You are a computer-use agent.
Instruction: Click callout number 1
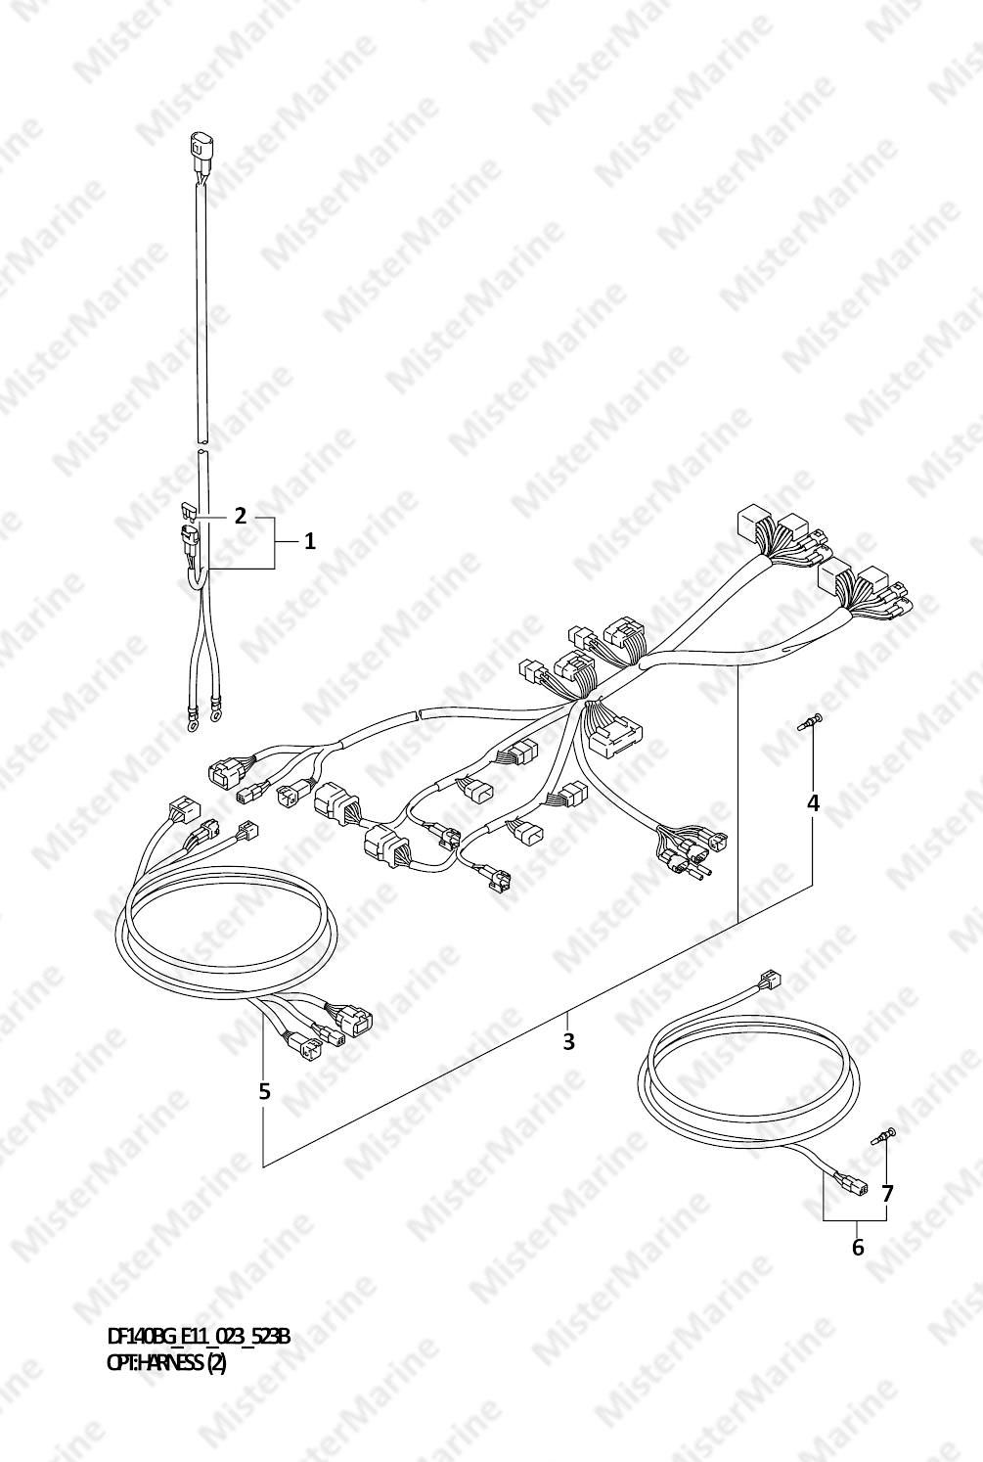[310, 541]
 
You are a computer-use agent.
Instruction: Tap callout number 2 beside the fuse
[240, 517]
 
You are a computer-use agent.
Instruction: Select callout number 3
[568, 1041]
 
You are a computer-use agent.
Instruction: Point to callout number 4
[813, 803]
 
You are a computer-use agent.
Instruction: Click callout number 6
[858, 1248]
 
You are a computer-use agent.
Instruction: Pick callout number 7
[886, 1194]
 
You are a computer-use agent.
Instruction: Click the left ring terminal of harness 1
[193, 724]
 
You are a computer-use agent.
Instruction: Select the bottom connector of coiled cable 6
[851, 1185]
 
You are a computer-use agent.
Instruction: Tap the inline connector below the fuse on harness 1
[189, 540]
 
